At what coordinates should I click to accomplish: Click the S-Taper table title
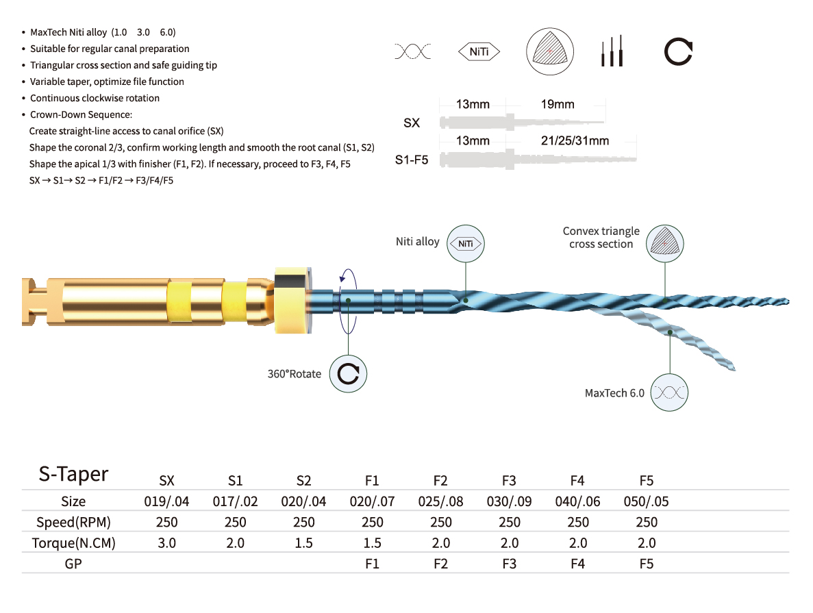[x=73, y=474]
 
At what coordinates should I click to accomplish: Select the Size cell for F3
[x=509, y=501]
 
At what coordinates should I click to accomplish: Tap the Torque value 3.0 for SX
[x=167, y=543]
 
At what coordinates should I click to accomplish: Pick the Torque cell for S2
[x=304, y=543]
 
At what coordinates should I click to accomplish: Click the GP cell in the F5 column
[x=646, y=564]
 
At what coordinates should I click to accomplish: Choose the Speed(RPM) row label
[x=73, y=522]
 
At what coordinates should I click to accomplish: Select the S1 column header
[x=235, y=481]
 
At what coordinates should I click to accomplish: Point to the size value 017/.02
[x=235, y=501]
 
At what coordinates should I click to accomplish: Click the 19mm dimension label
[x=557, y=105]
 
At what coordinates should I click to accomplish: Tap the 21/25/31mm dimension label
[x=575, y=141]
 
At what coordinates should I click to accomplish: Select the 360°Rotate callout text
[x=294, y=374]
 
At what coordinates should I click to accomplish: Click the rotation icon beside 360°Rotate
[x=349, y=373]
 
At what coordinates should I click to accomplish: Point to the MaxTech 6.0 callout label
[x=614, y=393]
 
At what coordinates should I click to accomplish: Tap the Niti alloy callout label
[x=417, y=242]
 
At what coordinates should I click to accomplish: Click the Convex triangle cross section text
[x=601, y=238]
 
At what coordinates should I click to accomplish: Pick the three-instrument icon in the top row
[x=612, y=51]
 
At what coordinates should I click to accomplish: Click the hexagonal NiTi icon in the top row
[x=479, y=51]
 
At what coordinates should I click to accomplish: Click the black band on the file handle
[x=293, y=279]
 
